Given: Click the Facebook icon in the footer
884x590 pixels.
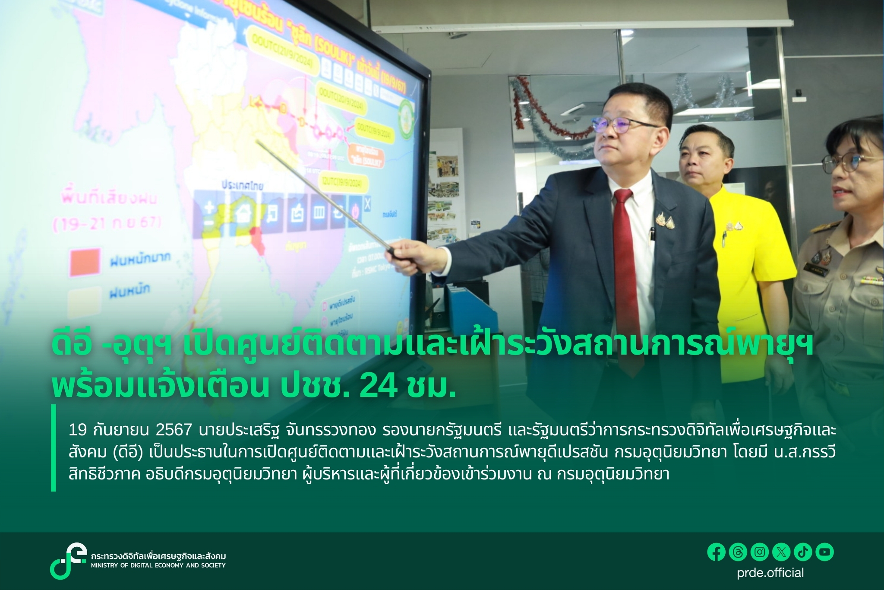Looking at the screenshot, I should tap(717, 552).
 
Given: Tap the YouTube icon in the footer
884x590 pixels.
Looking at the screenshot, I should tap(824, 552).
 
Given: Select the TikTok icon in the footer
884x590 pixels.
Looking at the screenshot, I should tap(803, 552).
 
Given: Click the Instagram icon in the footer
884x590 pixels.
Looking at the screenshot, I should tap(760, 552).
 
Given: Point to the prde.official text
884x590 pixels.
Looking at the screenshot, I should tap(770, 573).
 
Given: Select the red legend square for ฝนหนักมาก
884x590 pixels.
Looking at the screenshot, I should tap(85, 262).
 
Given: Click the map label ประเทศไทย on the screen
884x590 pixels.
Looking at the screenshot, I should tap(242, 185).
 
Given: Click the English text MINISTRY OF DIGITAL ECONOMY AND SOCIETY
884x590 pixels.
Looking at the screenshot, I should tap(158, 565).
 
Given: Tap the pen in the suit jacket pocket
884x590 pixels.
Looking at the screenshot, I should tap(653, 234).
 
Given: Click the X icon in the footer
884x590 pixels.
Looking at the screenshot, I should tap(781, 552).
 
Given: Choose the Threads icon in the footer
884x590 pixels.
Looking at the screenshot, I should tap(738, 552).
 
